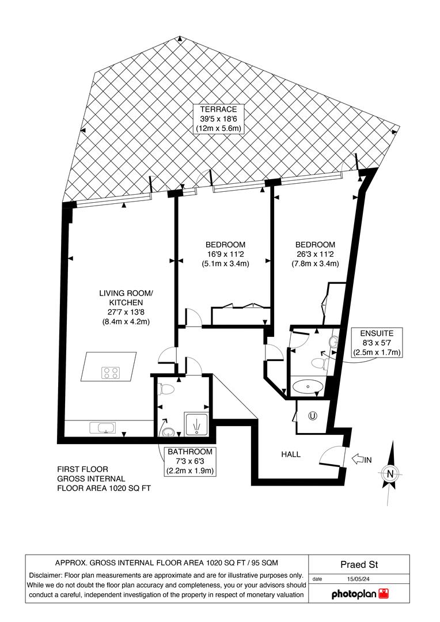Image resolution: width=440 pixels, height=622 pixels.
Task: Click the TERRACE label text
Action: tap(219, 109)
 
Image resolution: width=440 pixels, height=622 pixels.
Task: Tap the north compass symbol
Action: tap(390, 473)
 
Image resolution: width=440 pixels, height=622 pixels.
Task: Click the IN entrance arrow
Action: tap(361, 459)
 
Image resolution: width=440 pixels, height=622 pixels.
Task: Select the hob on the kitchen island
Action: tap(110, 373)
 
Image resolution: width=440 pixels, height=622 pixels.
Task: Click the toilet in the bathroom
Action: tap(167, 389)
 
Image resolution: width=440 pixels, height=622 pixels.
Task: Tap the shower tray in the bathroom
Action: tap(195, 424)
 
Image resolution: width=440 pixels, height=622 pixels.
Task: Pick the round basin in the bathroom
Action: tap(168, 432)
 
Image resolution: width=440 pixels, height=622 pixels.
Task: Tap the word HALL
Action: tap(291, 454)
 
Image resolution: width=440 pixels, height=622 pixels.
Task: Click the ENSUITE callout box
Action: tap(377, 343)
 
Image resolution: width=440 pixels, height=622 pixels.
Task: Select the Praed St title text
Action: tap(359, 566)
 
